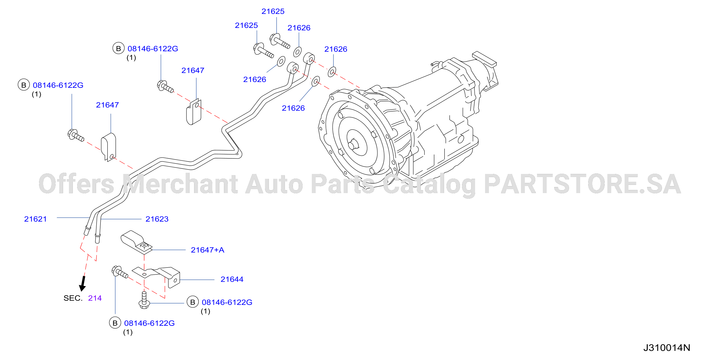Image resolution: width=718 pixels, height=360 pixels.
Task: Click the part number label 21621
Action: pyautogui.click(x=35, y=219)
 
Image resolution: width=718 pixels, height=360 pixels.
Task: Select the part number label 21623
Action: pyautogui.click(x=157, y=219)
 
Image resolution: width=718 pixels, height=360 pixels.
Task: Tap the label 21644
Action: pyautogui.click(x=232, y=279)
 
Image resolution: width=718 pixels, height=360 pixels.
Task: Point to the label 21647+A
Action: pyautogui.click(x=208, y=250)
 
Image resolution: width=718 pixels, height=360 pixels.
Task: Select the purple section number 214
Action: pyautogui.click(x=95, y=298)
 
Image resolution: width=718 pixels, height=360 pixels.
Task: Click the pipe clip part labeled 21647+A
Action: pyautogui.click(x=136, y=242)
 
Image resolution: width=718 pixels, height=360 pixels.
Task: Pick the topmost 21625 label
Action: pyautogui.click(x=273, y=11)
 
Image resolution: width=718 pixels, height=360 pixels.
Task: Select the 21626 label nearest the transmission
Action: pyautogui.click(x=336, y=49)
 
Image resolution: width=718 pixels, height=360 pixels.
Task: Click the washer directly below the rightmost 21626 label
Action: pyautogui.click(x=332, y=72)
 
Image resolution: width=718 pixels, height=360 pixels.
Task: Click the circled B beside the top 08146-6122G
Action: pyautogui.click(x=118, y=49)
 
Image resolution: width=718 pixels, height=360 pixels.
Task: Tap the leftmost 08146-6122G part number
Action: pyautogui.click(x=58, y=85)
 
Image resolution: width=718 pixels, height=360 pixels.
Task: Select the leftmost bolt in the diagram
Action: pyautogui.click(x=75, y=135)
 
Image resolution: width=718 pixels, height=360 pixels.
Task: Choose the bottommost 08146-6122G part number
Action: pyautogui.click(x=149, y=323)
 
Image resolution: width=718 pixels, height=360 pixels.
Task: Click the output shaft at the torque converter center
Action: pyautogui.click(x=354, y=145)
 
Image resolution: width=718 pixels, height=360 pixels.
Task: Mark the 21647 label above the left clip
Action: pyautogui.click(x=107, y=105)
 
